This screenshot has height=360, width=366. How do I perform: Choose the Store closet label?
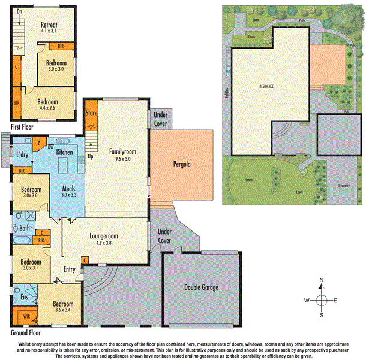(x=91, y=112)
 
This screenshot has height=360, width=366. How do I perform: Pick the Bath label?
(x=25, y=228)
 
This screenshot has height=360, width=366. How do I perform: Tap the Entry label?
(x=70, y=269)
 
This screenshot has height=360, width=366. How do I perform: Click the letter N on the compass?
(x=322, y=280)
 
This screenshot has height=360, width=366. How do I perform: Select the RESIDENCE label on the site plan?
(x=266, y=86)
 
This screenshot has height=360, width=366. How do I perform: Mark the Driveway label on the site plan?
(x=343, y=186)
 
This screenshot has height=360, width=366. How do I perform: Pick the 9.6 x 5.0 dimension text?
(x=120, y=160)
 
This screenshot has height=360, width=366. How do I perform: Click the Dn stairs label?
(x=19, y=12)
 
